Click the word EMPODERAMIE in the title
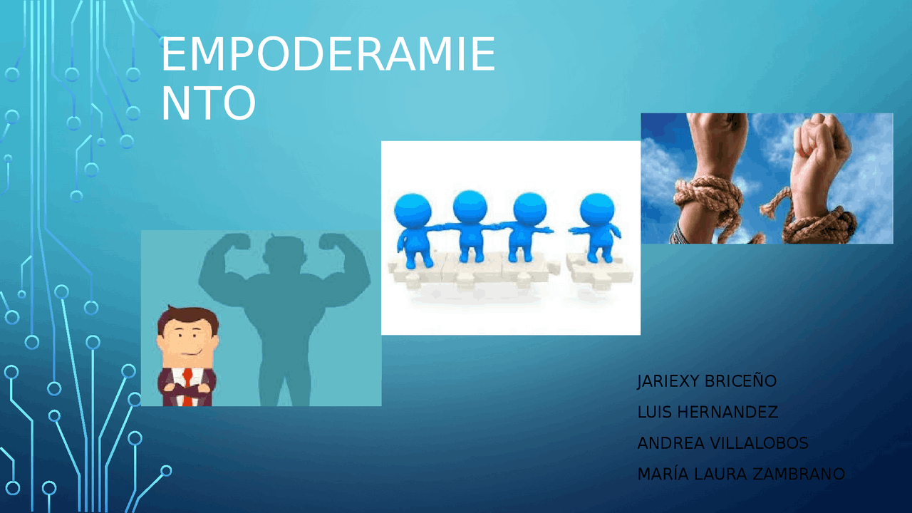328,56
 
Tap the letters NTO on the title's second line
208,104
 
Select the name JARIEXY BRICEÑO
706,381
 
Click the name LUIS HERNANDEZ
707,413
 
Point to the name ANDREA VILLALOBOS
722,443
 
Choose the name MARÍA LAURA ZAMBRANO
741,474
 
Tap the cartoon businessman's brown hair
187,315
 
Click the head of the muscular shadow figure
284,253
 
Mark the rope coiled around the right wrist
819,224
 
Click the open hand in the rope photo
720,142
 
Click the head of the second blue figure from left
470,207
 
